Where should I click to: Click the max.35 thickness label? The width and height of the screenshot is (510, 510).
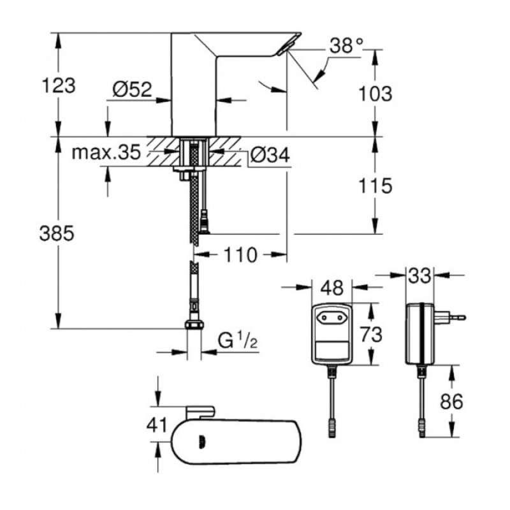tap(106, 153)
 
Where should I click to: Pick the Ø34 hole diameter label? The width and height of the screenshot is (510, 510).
tap(268, 154)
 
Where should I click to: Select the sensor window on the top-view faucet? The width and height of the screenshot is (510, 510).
tap(201, 439)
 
